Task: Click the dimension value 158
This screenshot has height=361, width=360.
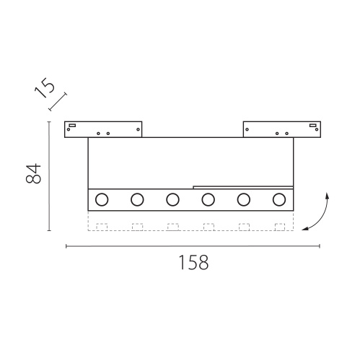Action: pyautogui.click(x=193, y=262)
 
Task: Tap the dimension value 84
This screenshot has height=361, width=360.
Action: pyautogui.click(x=33, y=173)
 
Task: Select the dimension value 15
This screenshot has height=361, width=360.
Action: pyautogui.click(x=45, y=88)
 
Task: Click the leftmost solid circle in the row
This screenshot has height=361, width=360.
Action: pyautogui.click(x=102, y=199)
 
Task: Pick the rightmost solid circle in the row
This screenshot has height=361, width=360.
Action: pyautogui.click(x=279, y=199)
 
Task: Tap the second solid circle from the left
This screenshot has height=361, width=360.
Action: pyautogui.click(x=137, y=199)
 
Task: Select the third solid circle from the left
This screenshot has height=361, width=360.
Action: pyautogui.click(x=172, y=199)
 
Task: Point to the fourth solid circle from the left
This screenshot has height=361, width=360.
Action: pyautogui.click(x=208, y=199)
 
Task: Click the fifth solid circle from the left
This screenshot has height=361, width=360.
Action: pyautogui.click(x=244, y=199)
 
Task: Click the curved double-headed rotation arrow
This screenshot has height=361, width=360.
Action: pyautogui.click(x=321, y=217)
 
